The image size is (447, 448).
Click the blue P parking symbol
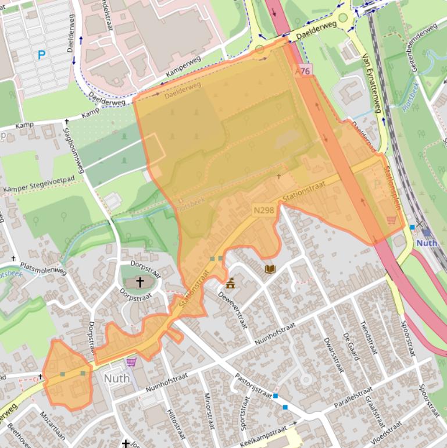point(41,55)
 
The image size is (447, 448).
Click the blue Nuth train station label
point(427,243)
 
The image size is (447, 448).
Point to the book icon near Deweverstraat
point(270,269)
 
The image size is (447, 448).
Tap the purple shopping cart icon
point(131,362)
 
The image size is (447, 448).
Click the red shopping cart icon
point(392,219)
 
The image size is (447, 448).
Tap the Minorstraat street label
point(209,410)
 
